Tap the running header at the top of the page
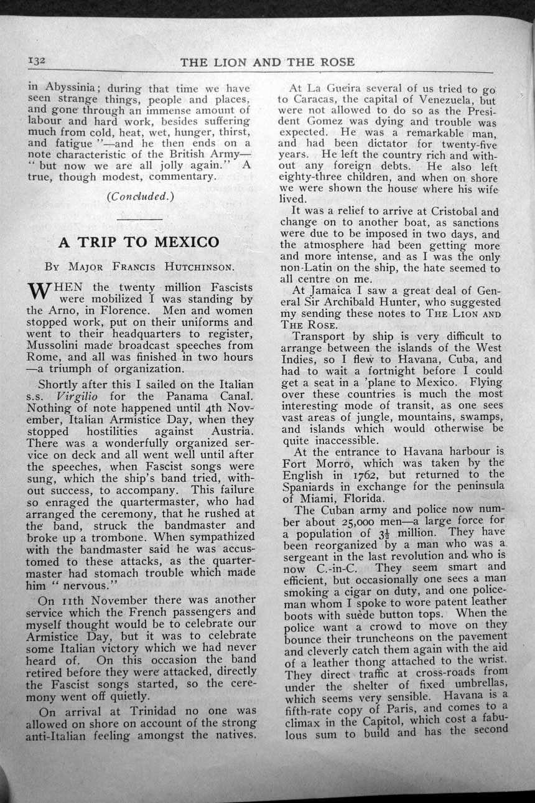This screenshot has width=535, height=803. point(267,62)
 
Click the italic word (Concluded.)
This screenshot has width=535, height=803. point(141,197)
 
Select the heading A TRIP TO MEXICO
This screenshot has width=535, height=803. point(138,242)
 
